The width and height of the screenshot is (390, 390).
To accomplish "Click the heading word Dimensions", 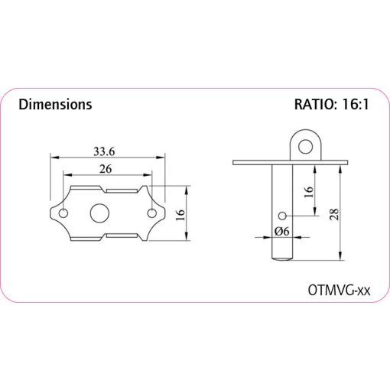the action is [55, 105].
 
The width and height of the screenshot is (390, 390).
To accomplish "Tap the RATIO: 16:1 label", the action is [332, 104].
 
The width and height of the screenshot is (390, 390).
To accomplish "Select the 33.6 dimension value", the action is [104, 151].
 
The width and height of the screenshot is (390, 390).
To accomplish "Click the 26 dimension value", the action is [106, 169].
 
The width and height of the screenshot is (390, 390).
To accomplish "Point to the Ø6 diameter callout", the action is [282, 231].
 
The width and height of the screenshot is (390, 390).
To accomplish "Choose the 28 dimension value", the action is [334, 214].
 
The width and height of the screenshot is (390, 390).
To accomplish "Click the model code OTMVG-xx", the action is [339, 290].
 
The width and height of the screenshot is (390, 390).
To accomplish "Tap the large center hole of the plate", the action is [99, 213].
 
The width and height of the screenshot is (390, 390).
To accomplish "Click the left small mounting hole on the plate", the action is [63, 213].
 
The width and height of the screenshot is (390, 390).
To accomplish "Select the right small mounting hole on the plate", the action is [151, 213].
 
